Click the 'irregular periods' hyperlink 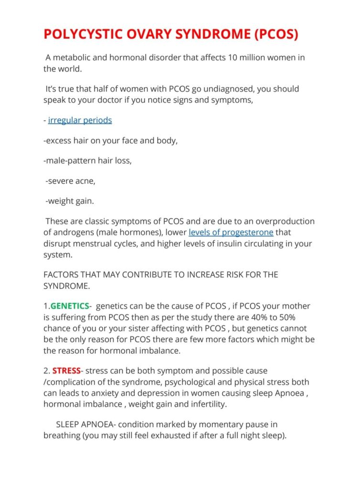[x=80, y=120]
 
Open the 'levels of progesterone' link [x=231, y=233]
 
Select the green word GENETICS [x=70, y=306]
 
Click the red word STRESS [x=66, y=371]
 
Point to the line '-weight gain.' [x=70, y=201]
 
